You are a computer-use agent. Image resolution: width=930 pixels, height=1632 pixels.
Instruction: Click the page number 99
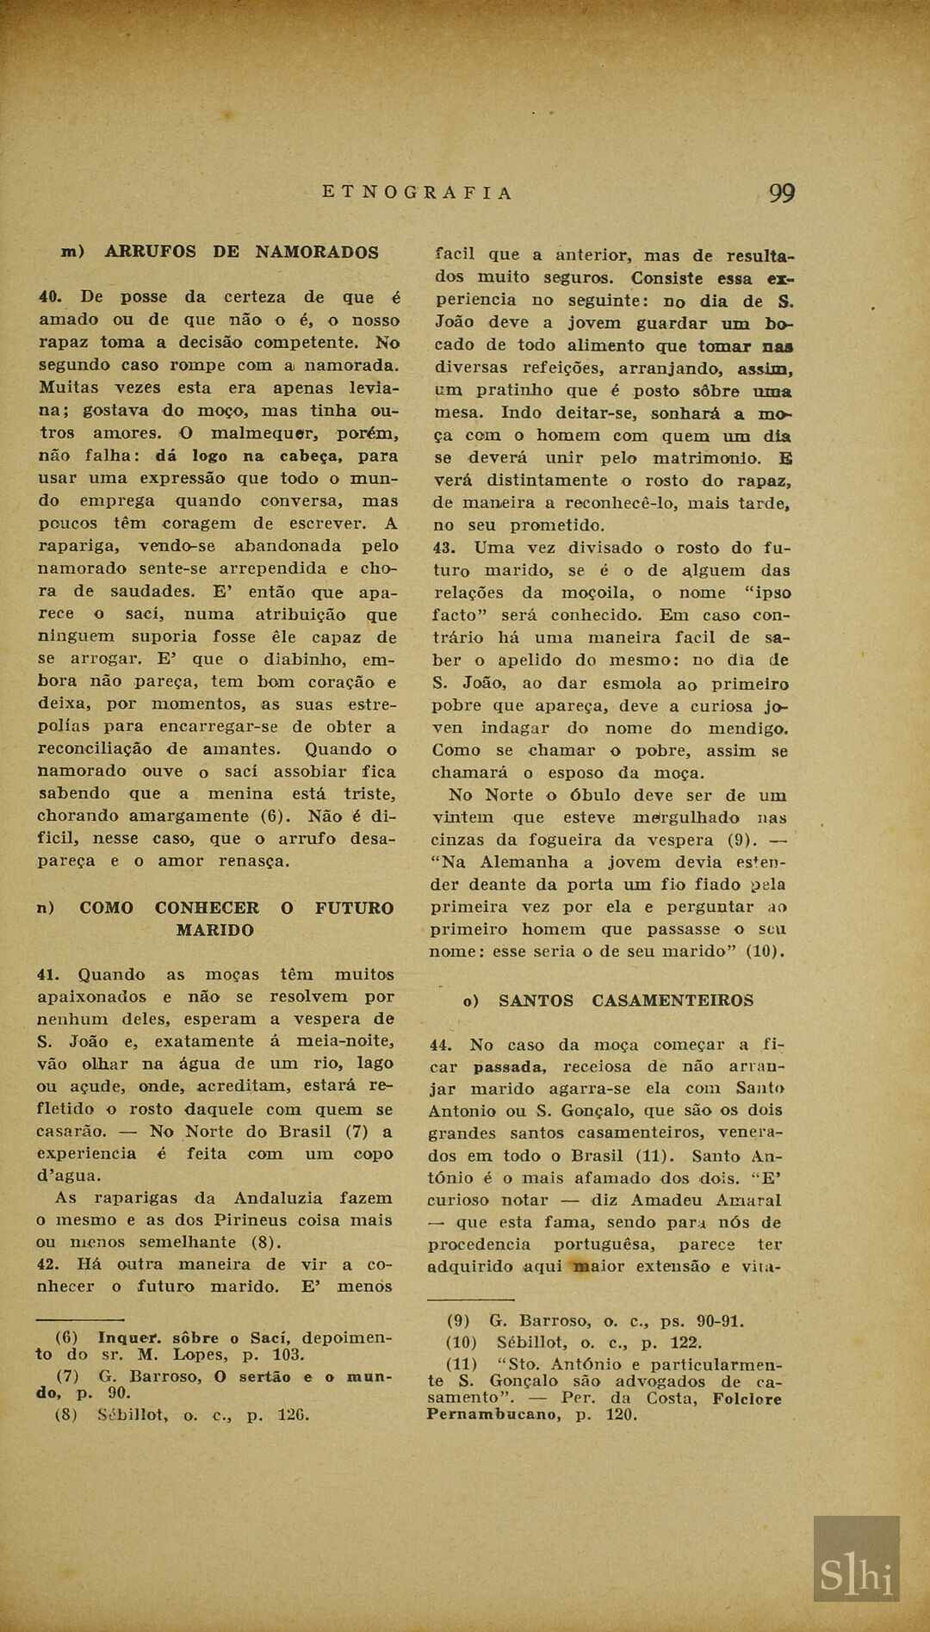(x=781, y=194)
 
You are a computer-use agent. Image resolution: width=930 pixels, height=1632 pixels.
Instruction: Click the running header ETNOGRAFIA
(x=418, y=193)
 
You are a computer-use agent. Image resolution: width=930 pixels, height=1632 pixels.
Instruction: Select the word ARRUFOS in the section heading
(x=151, y=252)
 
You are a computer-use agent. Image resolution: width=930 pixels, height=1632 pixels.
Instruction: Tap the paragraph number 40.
(x=50, y=297)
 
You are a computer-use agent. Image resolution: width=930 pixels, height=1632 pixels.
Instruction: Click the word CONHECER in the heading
(x=207, y=908)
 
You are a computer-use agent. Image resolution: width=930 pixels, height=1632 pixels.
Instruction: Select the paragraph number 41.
(x=47, y=975)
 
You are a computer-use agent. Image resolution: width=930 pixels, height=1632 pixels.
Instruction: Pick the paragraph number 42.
(x=47, y=1265)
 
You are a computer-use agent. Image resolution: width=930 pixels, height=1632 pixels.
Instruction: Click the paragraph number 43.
(x=443, y=548)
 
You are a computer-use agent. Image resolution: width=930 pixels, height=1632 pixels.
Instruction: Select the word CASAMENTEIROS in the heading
(x=672, y=1001)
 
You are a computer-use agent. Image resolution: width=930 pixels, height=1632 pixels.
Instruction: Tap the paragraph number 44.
(x=440, y=1046)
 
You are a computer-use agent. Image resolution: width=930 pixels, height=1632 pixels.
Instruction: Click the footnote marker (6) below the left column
(x=66, y=1338)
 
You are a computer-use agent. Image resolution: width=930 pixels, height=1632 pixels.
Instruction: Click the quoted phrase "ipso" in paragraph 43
(x=767, y=593)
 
